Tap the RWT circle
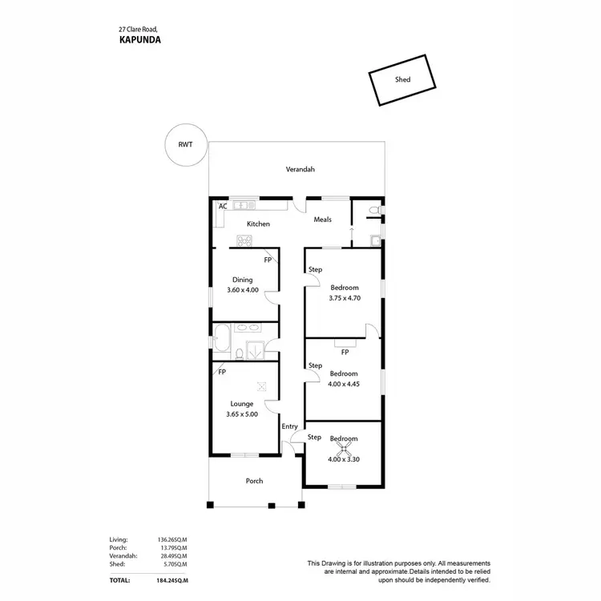(184, 145)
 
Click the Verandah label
(300, 169)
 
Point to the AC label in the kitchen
(223, 206)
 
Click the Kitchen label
(258, 224)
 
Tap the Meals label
(323, 220)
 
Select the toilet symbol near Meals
(371, 210)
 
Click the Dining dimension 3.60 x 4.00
(243, 290)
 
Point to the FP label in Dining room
(268, 260)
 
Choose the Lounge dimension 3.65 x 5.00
(242, 414)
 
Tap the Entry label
(289, 426)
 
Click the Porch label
(254, 481)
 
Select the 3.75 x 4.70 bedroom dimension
(345, 298)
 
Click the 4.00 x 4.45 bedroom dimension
(344, 385)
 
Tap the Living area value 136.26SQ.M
(172, 540)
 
